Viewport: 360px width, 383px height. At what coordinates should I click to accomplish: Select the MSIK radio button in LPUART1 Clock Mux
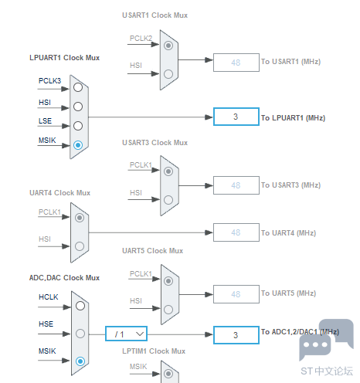click(78, 145)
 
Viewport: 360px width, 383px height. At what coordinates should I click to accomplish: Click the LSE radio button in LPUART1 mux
click(78, 126)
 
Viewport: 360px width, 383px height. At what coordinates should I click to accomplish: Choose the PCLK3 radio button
click(78, 87)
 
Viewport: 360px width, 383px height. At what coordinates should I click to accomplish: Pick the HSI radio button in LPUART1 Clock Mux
click(78, 107)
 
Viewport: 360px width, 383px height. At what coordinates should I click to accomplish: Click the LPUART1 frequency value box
click(236, 117)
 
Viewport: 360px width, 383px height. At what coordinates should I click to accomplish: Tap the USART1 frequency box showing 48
click(236, 63)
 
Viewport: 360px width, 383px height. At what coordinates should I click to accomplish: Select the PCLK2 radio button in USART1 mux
click(168, 45)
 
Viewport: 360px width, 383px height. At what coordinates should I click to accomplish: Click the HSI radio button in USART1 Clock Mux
click(168, 74)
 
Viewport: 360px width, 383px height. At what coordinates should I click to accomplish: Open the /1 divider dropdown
click(126, 334)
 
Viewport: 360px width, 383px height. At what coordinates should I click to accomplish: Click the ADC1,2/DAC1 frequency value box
click(236, 334)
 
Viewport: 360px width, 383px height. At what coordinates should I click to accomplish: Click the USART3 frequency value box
click(236, 185)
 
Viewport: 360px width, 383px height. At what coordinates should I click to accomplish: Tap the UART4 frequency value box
click(236, 232)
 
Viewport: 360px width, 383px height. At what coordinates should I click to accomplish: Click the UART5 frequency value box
click(236, 293)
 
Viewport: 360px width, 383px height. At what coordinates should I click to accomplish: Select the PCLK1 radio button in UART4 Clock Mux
click(78, 217)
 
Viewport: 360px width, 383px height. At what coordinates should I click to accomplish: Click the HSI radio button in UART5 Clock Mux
click(168, 306)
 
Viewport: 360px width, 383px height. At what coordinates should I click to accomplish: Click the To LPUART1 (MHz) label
click(292, 118)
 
